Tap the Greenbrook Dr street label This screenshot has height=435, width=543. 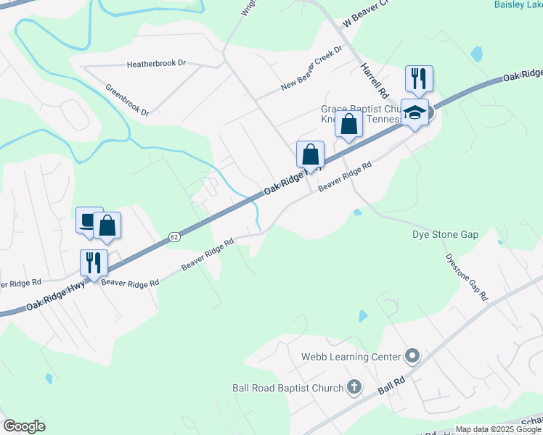pos(127,101)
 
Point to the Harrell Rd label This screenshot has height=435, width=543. pos(372,81)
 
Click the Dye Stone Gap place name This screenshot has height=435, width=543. pos(446,235)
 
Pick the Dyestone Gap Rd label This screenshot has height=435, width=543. pos(465,276)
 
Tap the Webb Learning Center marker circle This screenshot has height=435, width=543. pos(412,356)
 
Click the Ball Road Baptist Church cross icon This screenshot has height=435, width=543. pos(354,388)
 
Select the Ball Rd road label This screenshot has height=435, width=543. pos(390,384)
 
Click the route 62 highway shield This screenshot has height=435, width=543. pos(173,236)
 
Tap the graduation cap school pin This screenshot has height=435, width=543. pos(415,112)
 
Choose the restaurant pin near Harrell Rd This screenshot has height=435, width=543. pos(419,78)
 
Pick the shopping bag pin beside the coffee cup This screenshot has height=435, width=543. pos(107,225)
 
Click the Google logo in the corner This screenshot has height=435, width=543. pos(24,426)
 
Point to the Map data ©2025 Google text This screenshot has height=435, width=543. pos(497,429)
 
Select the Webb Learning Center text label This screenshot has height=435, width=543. pos(351,357)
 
